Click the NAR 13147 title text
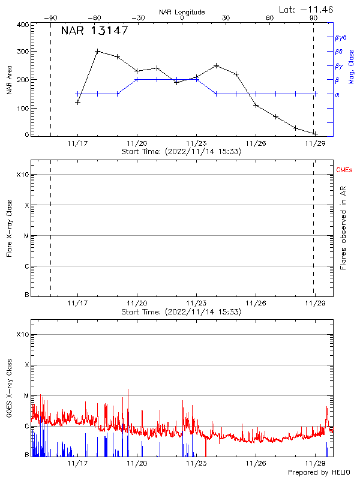(94, 31)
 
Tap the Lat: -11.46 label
(307, 9)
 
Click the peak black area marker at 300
(98, 51)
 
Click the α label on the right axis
(337, 94)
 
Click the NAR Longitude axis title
(182, 12)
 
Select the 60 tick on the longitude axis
(270, 18)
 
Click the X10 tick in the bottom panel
(23, 334)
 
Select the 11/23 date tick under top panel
(196, 144)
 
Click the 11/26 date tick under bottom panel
(256, 464)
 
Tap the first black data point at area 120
(78, 102)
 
